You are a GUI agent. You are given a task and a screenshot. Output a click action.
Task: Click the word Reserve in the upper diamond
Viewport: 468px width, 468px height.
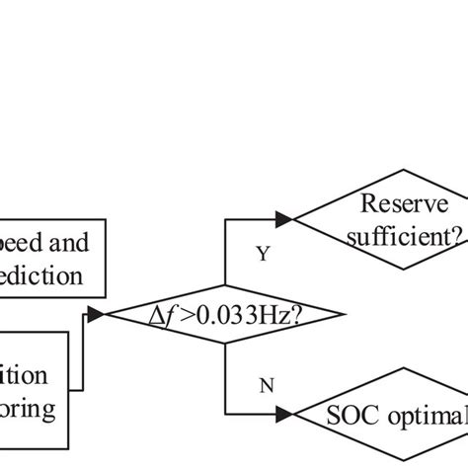pos(404,203)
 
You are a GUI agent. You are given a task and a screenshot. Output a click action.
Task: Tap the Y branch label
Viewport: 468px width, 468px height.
pos(263,254)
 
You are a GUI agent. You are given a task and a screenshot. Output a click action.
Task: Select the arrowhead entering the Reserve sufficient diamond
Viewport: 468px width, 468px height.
pos(284,218)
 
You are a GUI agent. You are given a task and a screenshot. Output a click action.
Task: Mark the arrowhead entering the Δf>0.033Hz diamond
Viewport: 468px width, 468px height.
pos(97,315)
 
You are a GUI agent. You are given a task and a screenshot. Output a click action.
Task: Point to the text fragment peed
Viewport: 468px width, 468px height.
pos(25,240)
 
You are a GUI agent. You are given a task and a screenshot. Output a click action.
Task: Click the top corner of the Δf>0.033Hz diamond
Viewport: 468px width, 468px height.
pos(226,286)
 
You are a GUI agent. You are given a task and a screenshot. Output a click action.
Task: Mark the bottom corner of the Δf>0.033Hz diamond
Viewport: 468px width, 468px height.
pos(226,344)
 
